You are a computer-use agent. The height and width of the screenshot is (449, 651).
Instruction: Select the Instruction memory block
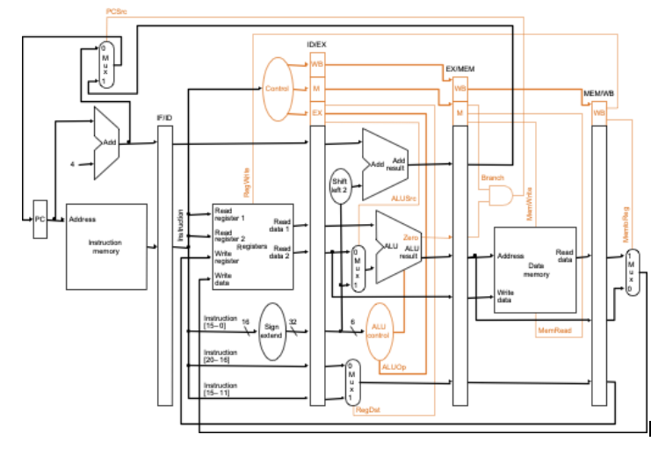tap(106, 247)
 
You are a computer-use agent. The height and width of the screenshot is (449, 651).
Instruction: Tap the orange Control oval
tap(277, 89)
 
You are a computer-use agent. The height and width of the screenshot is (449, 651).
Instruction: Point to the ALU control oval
tap(380, 327)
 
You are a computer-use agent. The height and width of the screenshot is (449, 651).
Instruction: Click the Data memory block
tap(536, 269)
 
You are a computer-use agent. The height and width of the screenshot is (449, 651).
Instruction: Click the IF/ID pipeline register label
tap(164, 117)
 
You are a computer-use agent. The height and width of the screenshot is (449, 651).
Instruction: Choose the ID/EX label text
tap(317, 44)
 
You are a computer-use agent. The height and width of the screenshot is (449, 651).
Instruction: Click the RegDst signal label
tap(366, 410)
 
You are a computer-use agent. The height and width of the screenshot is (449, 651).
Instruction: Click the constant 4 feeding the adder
tap(73, 163)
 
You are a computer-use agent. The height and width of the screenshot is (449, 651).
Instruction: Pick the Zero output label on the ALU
tap(411, 237)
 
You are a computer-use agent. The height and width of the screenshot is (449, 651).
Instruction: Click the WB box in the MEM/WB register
tap(600, 112)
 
